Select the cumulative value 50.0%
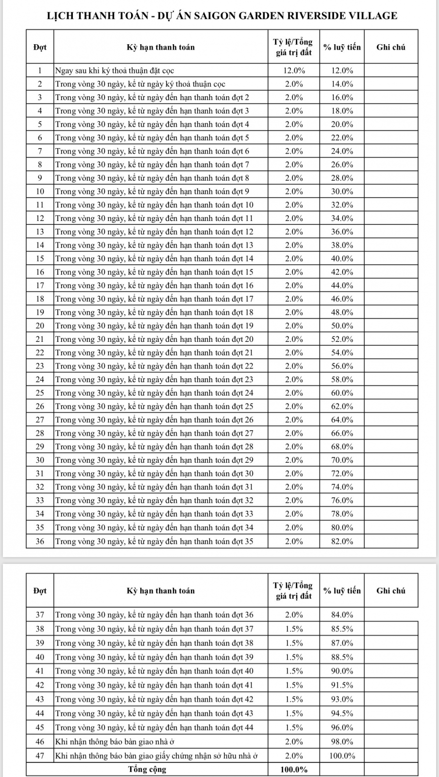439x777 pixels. [x=342, y=326]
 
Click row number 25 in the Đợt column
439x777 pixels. [x=40, y=393]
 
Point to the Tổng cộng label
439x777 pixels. [x=147, y=769]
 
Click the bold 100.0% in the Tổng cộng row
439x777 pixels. [x=294, y=769]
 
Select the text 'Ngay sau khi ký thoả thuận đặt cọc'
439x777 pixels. [x=115, y=70]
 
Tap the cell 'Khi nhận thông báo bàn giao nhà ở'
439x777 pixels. [x=115, y=742]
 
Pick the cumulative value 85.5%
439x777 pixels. [x=342, y=629]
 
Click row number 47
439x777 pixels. [x=40, y=756]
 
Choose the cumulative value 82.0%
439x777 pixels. [x=342, y=541]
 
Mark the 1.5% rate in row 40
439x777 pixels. [x=294, y=657]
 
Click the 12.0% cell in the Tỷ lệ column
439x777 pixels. [x=294, y=70]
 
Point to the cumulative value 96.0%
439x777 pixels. [x=342, y=727]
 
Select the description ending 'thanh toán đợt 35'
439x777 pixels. [x=154, y=541]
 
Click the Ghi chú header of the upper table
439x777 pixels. [x=390, y=47]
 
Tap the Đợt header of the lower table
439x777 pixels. [x=40, y=591]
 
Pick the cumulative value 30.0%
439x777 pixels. [x=342, y=191]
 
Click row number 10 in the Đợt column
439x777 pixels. [x=40, y=191]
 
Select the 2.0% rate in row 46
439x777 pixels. [x=294, y=742]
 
